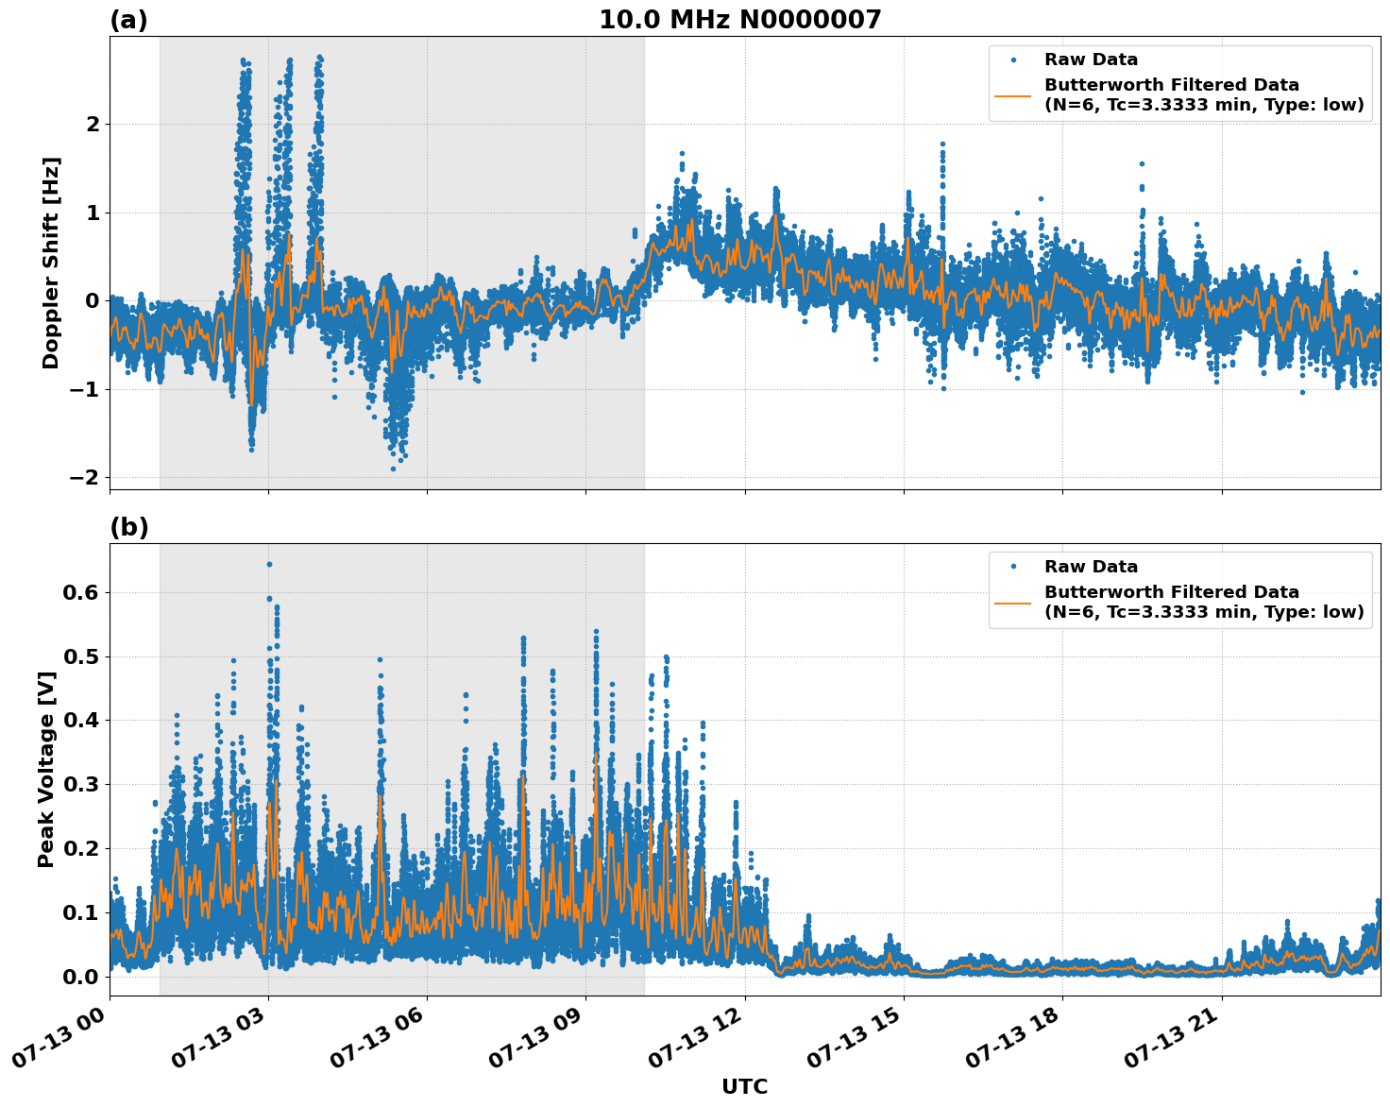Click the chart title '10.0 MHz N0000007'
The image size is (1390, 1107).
(739, 20)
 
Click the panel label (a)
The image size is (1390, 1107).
(128, 20)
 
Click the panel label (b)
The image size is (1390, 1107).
(128, 527)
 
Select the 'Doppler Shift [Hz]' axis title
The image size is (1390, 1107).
(51, 263)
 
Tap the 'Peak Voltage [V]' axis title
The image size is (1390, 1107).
(46, 769)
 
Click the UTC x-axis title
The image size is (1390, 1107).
(744, 1086)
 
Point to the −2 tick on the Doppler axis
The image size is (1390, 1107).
(84, 478)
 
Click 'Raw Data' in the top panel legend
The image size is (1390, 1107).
(1091, 60)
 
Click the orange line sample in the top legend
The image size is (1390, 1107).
(1013, 95)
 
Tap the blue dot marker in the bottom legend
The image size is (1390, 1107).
(1013, 567)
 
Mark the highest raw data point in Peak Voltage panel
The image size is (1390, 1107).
(269, 564)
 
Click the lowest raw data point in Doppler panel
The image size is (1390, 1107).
(394, 468)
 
